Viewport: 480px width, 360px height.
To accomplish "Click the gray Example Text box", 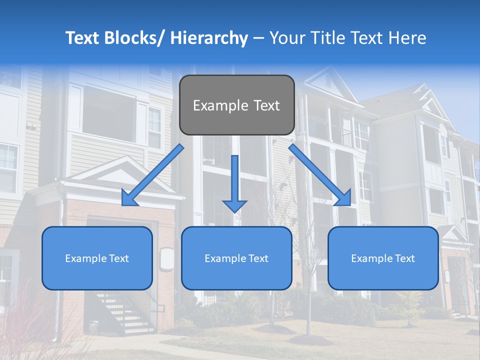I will coord(236,105).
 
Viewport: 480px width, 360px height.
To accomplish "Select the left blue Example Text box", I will coord(97,258).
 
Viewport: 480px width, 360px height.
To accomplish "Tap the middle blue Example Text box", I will coord(236,258).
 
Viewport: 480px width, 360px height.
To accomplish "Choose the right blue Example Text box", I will coord(383,258).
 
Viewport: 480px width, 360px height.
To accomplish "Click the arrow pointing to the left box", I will coord(152,175).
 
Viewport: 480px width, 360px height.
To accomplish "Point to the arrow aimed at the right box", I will coord(320,175).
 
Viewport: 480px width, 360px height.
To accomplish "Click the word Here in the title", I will coord(407,38).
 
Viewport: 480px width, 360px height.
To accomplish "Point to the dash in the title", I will coord(258,39).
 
